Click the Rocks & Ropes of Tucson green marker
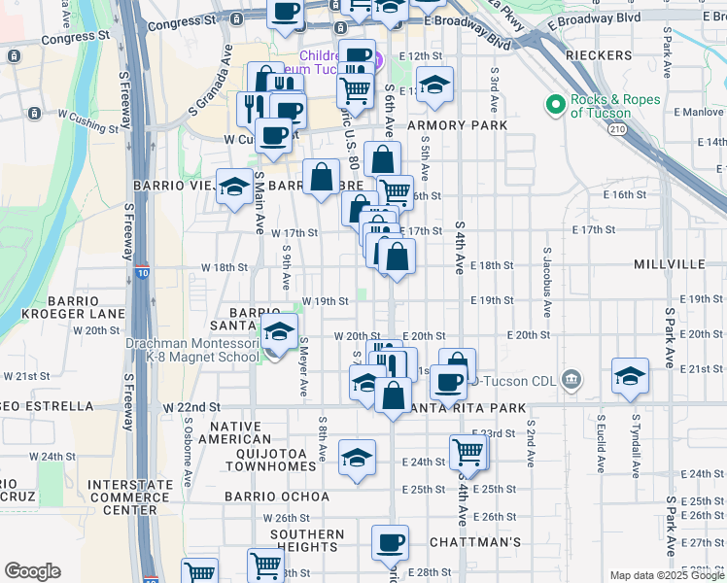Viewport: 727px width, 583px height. tap(556, 104)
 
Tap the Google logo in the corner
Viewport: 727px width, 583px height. tap(33, 571)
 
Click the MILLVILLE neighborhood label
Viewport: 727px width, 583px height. tap(669, 264)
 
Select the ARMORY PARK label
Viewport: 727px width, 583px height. tap(457, 126)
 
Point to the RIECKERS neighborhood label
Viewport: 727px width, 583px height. tap(598, 55)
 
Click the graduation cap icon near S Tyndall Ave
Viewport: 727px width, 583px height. tap(630, 375)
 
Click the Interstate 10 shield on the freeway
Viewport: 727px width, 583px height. tap(142, 273)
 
